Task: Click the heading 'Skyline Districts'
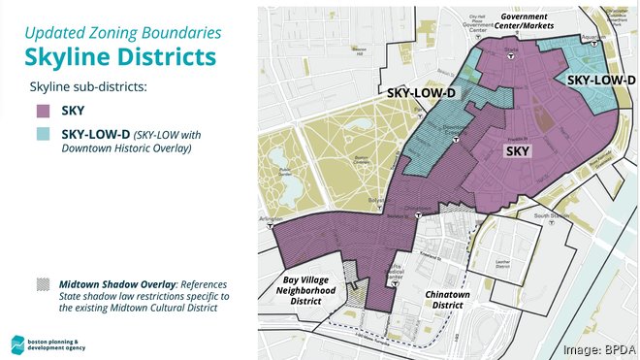[x=119, y=56]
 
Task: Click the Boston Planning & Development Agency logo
[x=19, y=341]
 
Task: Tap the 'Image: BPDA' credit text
[x=596, y=348]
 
